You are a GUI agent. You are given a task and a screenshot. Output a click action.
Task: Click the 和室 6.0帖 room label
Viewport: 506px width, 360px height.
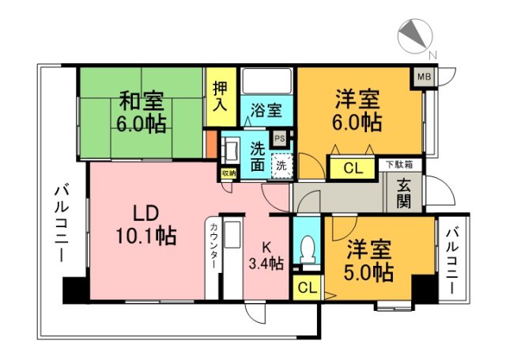(x=142, y=112)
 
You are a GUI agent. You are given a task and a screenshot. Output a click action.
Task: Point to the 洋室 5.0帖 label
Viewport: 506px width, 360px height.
(x=369, y=261)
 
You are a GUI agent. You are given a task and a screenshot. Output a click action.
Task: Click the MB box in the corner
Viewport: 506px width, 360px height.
(x=425, y=76)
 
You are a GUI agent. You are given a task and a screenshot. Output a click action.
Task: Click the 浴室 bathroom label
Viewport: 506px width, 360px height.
(x=266, y=110)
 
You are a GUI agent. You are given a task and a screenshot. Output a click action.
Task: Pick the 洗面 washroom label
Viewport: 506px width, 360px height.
(x=258, y=156)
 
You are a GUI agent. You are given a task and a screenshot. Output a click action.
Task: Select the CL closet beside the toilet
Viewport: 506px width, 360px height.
(x=308, y=287)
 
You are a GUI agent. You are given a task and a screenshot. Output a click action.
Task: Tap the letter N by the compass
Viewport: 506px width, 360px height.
(x=432, y=55)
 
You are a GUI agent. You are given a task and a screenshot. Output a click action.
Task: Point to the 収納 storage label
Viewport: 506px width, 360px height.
(x=228, y=172)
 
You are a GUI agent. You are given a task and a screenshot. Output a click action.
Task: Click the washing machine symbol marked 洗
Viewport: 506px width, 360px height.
(x=281, y=166)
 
